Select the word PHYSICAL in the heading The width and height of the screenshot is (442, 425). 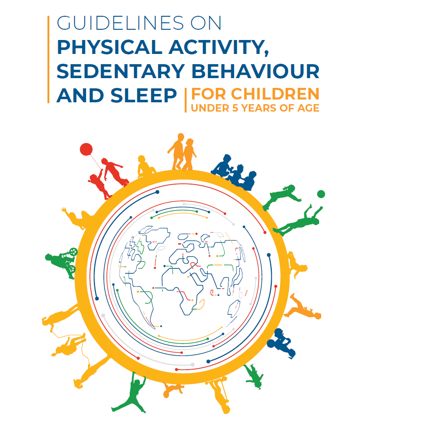click(x=109, y=47)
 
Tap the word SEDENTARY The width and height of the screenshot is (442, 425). click(x=121, y=71)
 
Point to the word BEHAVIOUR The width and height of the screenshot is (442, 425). click(x=255, y=71)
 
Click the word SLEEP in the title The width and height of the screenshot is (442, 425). click(x=143, y=95)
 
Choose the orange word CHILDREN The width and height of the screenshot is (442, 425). click(x=275, y=94)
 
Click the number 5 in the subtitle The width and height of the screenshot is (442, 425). click(x=235, y=108)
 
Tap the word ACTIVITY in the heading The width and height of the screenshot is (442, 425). click(x=219, y=47)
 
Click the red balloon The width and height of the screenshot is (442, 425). click(x=86, y=149)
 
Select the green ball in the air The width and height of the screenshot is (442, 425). click(x=321, y=194)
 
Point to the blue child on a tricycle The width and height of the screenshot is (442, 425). click(x=281, y=343)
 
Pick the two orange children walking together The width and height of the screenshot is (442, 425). click(x=182, y=152)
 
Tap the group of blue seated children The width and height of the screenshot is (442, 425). click(x=234, y=172)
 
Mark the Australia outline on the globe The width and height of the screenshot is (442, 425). click(x=234, y=309)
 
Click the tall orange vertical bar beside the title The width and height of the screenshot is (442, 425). click(x=48, y=60)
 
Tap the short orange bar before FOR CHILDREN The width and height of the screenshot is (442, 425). click(x=186, y=100)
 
